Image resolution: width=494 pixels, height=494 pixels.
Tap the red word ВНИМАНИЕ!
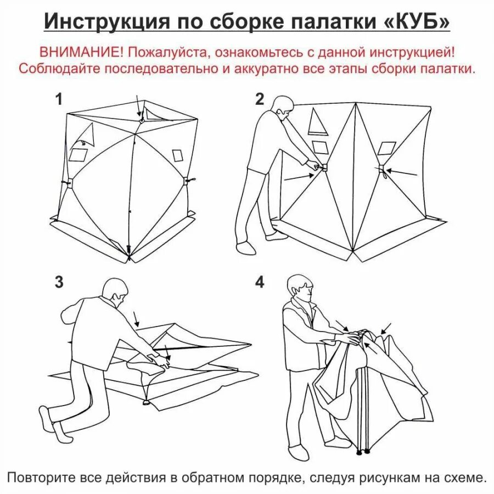point(82,53)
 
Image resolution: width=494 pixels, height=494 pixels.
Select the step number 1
point(59,99)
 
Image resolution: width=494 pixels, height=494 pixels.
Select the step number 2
point(260,99)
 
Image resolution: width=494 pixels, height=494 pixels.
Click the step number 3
point(59,282)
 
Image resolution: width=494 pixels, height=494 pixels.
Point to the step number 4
point(260,282)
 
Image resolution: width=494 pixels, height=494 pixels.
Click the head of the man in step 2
point(283,106)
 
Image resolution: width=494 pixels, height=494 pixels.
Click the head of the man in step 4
point(300,286)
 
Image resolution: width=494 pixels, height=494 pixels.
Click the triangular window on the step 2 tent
point(318,122)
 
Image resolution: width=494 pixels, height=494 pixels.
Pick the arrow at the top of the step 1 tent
point(138,104)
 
